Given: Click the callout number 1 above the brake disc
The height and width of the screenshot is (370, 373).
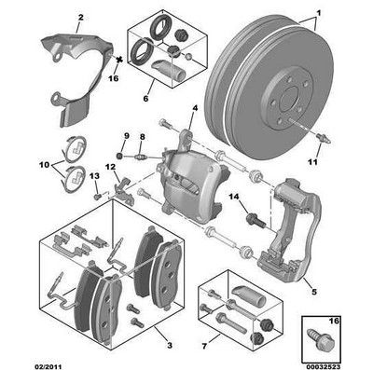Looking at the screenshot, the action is click(318, 13).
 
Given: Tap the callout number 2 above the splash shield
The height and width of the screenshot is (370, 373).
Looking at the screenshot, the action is click(81, 18).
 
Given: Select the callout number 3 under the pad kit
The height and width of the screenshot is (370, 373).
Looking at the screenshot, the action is click(170, 345).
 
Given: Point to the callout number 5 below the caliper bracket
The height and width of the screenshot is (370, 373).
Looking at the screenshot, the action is click(314, 292).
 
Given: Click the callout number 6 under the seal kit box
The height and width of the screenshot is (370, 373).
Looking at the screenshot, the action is click(145, 99).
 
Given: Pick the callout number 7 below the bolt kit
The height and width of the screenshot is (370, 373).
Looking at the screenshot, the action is click(204, 346).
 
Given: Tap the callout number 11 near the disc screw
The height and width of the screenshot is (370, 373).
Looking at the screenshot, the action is click(313, 162).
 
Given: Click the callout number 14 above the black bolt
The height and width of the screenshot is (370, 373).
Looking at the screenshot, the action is click(235, 197).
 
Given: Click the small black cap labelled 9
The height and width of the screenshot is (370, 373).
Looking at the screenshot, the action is click(118, 155).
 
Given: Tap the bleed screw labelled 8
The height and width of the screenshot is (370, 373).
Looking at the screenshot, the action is click(140, 157).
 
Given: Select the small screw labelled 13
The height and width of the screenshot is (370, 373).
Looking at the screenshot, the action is click(97, 197).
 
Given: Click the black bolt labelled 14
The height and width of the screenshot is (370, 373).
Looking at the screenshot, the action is click(255, 219).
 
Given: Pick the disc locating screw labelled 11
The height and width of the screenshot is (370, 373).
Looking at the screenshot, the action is click(324, 138).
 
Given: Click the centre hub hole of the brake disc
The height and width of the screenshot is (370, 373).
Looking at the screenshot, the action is click(290, 99).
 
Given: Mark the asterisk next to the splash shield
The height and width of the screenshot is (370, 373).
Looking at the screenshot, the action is click(118, 59).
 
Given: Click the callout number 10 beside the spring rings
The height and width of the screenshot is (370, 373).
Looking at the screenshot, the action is click(44, 165).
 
